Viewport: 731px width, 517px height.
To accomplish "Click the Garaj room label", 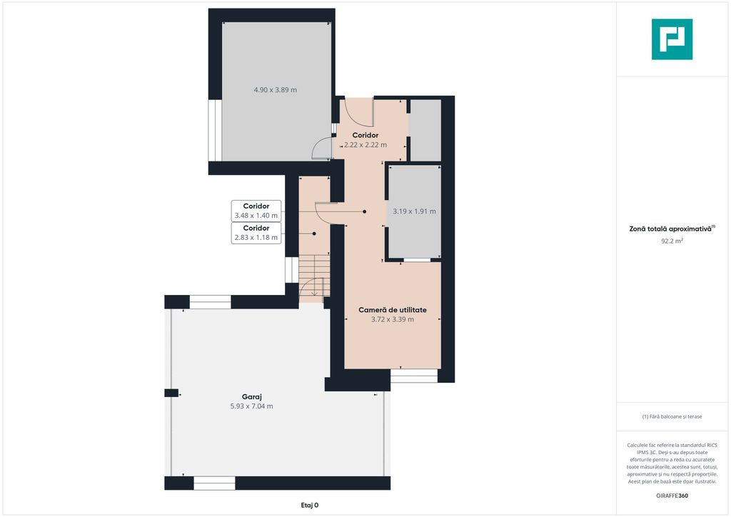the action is click(x=252, y=397).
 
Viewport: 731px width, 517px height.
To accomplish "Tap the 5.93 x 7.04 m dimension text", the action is click(x=252, y=406).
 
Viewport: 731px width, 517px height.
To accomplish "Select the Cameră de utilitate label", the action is click(x=393, y=309).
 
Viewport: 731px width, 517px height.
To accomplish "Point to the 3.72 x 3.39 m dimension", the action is click(x=393, y=319).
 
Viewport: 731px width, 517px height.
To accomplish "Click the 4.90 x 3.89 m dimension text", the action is click(x=275, y=89).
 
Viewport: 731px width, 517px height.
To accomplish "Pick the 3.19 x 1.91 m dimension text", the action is click(x=415, y=211).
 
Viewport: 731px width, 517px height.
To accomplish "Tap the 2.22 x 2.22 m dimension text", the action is click(x=365, y=144).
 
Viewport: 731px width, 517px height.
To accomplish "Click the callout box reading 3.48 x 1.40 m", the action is click(x=256, y=211).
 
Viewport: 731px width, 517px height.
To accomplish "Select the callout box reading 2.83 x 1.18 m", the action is click(x=256, y=233).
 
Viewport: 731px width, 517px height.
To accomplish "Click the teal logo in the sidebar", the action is click(x=672, y=39).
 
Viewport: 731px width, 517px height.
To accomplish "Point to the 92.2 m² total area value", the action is click(x=672, y=241).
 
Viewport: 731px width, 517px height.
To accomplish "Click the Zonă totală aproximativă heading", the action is click(x=672, y=229).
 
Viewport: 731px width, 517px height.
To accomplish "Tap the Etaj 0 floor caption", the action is click(x=310, y=505).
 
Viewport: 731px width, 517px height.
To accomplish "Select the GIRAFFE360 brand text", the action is click(x=672, y=496).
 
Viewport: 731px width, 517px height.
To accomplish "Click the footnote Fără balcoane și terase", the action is click(x=672, y=416).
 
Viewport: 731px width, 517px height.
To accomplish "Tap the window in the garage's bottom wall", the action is click(x=214, y=483).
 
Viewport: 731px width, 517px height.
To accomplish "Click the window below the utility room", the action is click(x=414, y=376).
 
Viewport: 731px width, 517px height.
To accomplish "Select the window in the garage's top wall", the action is click(x=211, y=302).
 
